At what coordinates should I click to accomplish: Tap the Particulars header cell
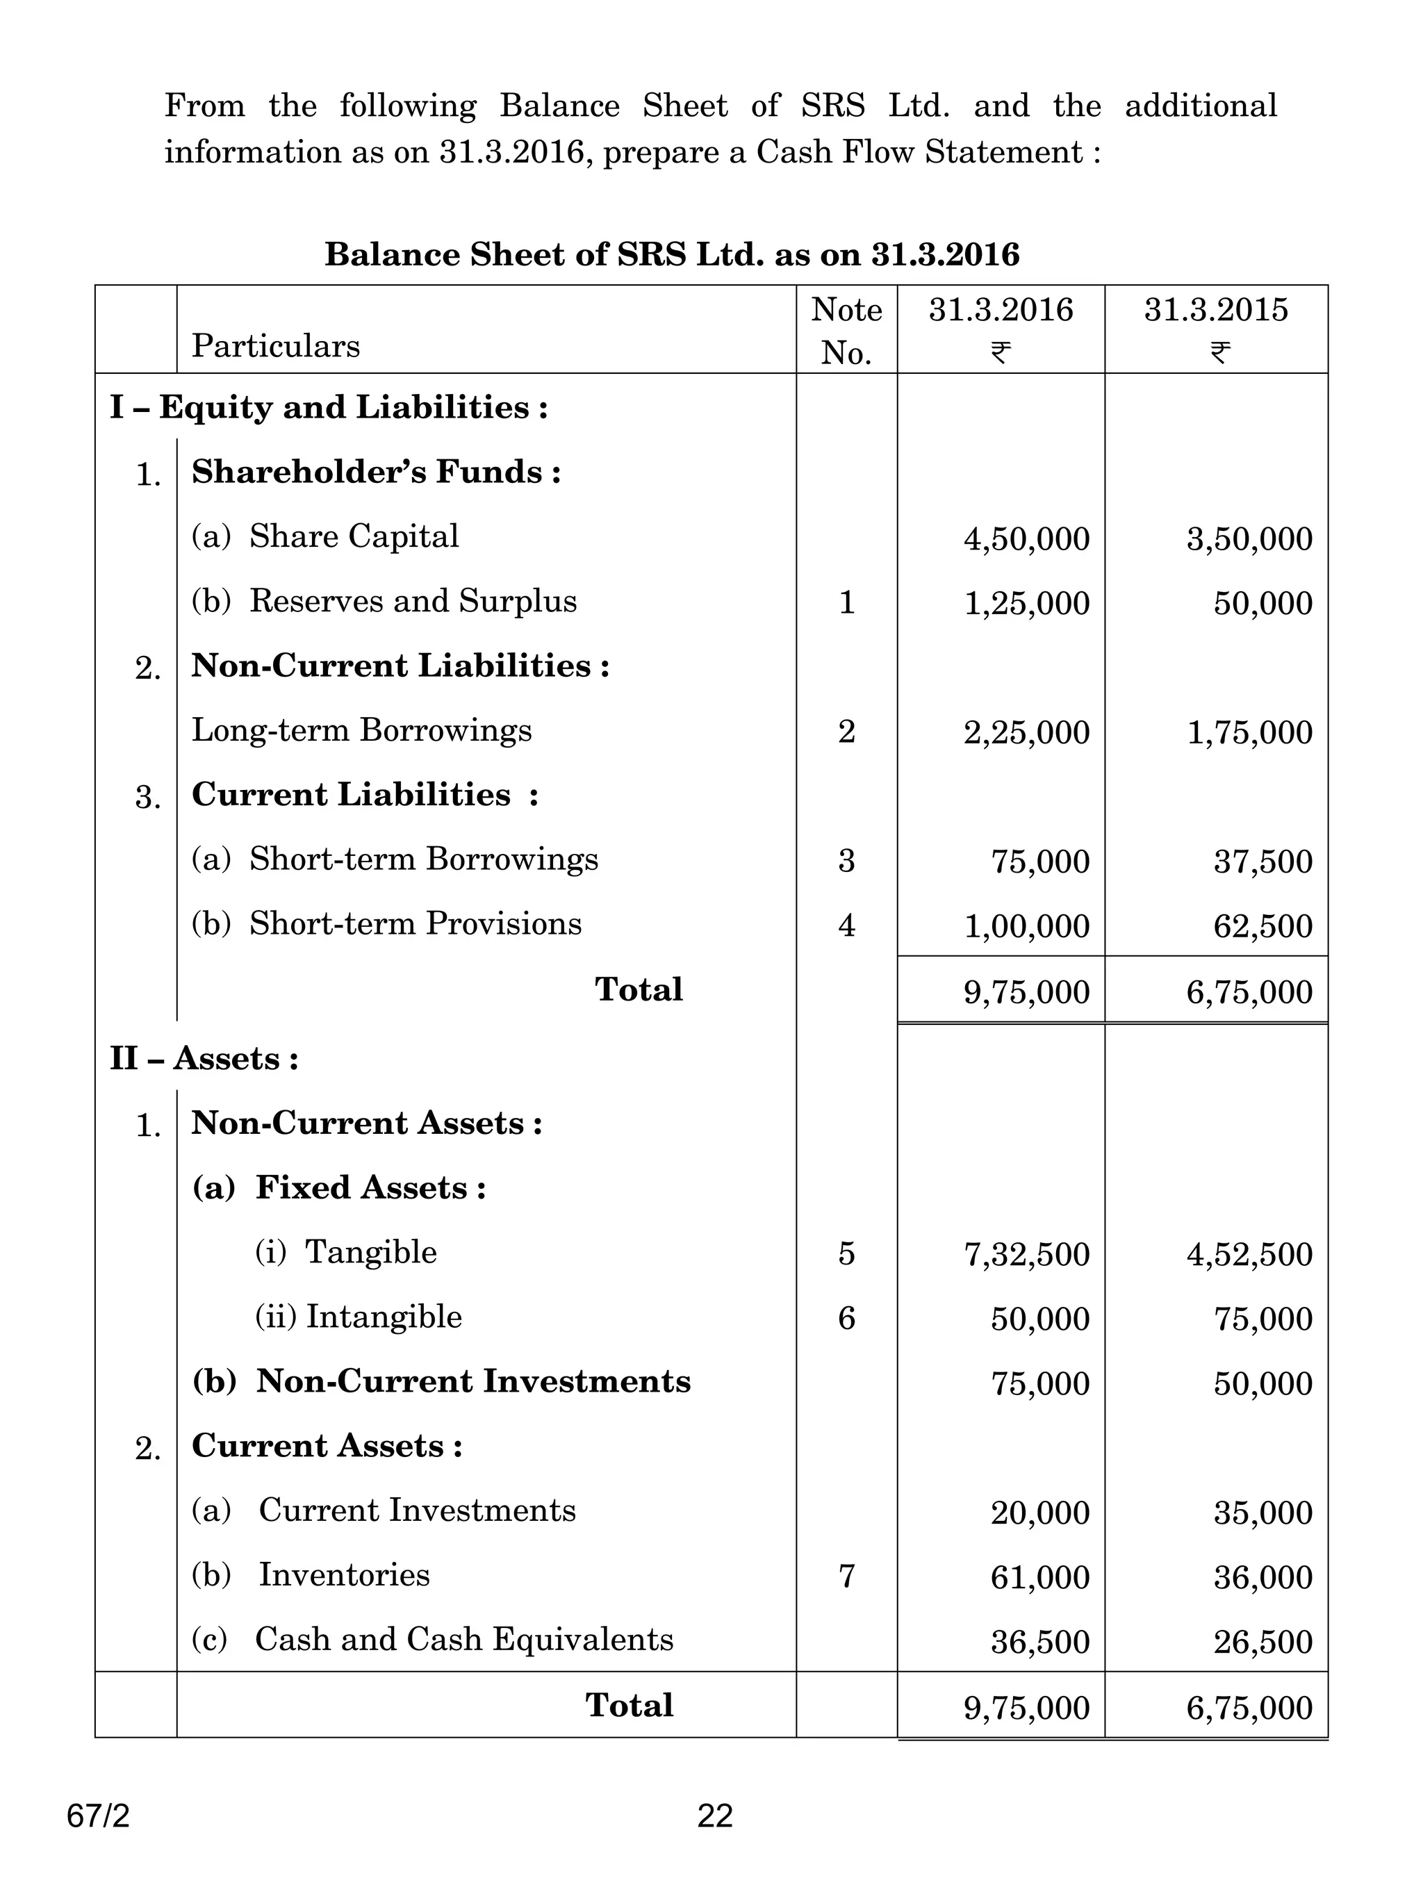(275, 346)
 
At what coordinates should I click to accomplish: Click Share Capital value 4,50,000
(1026, 539)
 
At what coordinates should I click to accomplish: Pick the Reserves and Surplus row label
(413, 601)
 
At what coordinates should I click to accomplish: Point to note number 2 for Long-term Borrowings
(846, 731)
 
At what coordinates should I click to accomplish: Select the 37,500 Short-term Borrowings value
(1262, 862)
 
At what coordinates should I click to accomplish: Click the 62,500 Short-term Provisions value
(1262, 926)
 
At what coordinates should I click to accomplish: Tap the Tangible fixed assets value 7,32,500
(1026, 1254)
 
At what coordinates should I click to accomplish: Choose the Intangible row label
(384, 1317)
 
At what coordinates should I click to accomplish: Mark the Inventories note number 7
(846, 1577)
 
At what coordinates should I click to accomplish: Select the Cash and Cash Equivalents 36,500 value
(1039, 1642)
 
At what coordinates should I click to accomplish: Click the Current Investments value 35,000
(1262, 1513)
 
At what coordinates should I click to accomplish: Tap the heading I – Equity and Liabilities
(328, 407)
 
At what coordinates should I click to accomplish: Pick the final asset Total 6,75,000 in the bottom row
(1249, 1708)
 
